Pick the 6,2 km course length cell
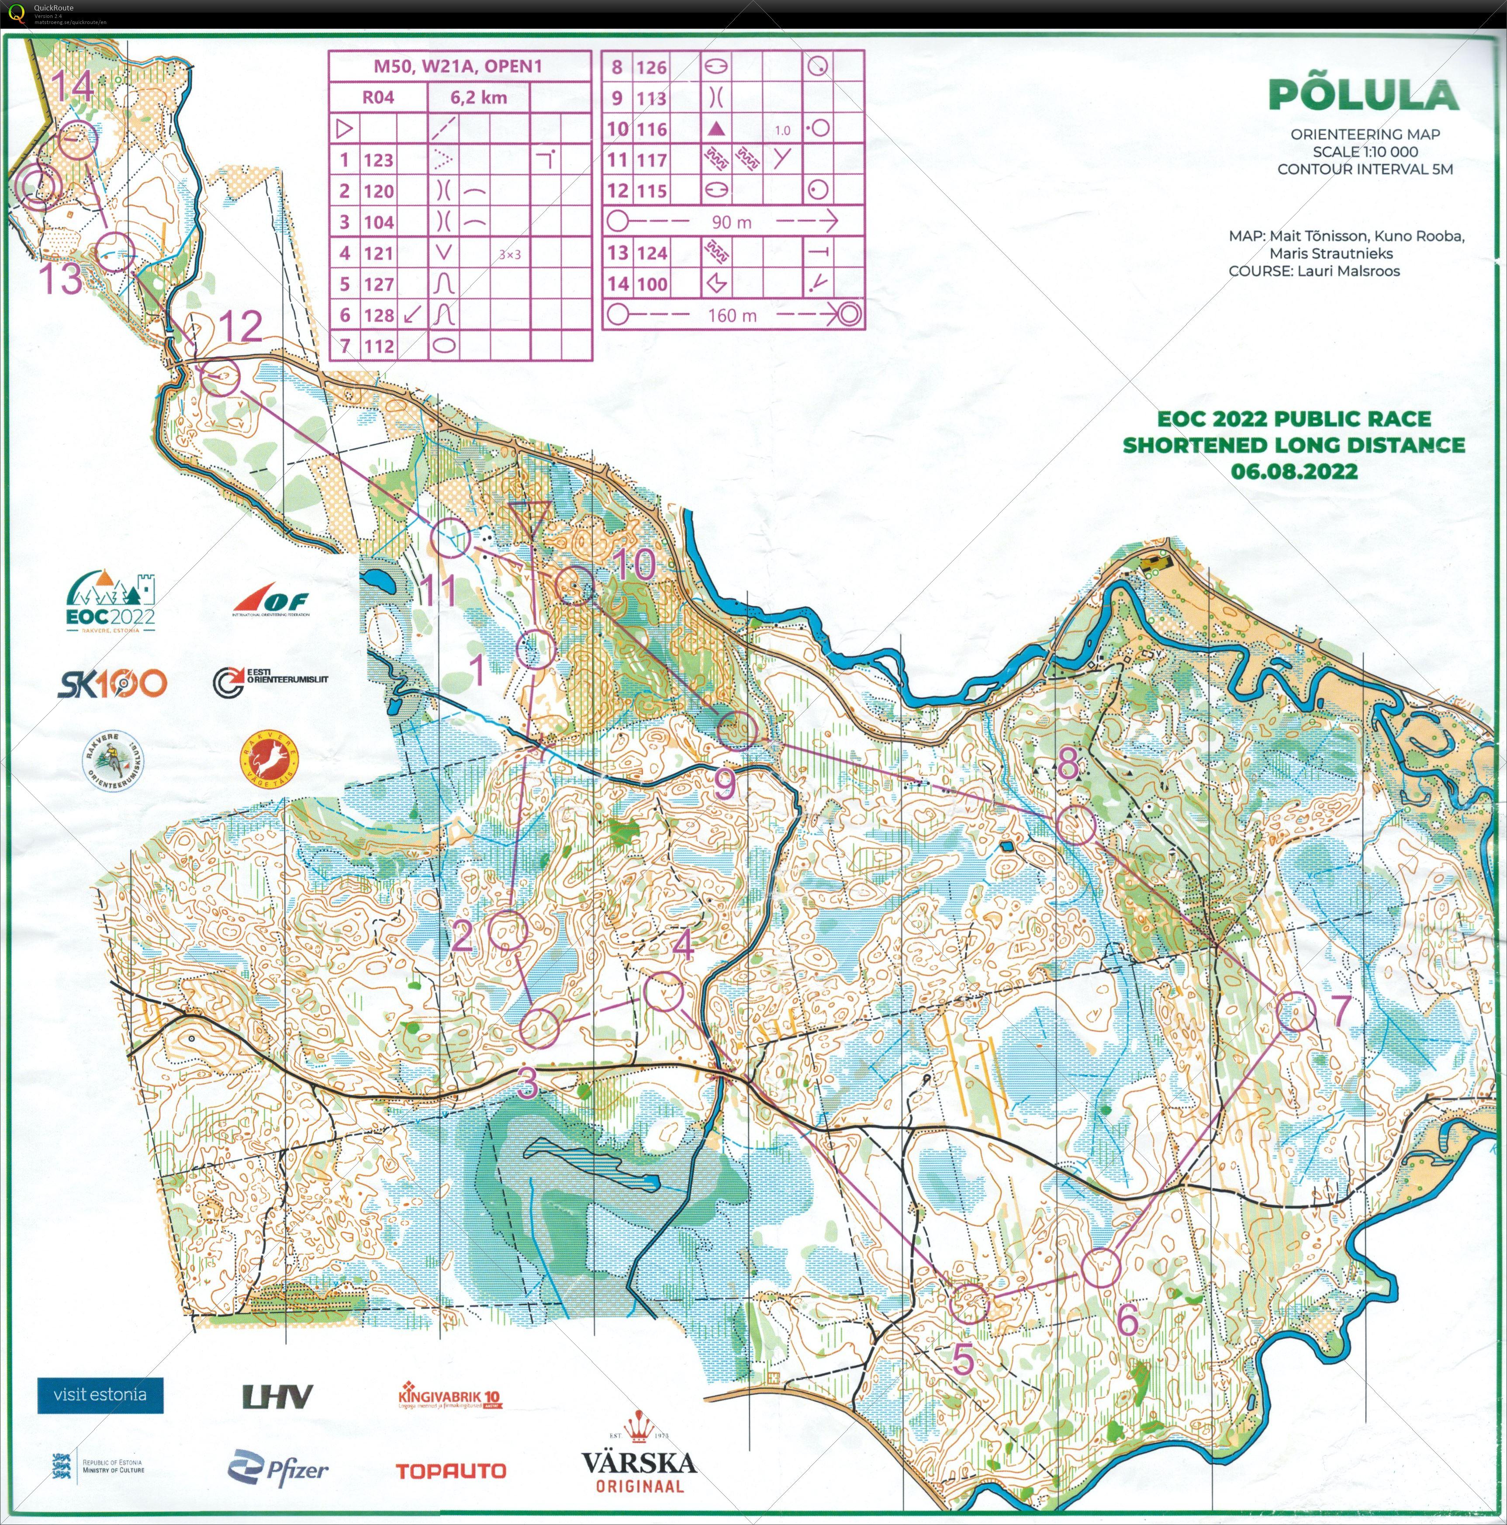478,98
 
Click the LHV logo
277,1397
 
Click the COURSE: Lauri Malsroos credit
1313,271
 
